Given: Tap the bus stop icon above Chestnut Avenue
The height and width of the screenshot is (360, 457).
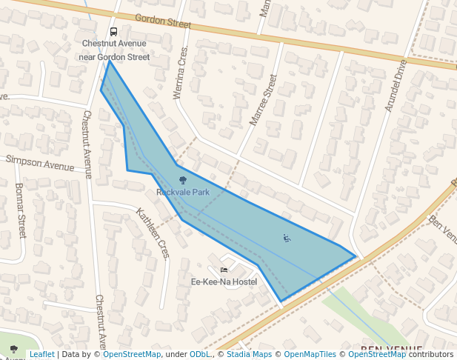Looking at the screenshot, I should pos(113,32).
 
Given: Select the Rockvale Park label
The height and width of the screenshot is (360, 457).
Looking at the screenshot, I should pos(183,193).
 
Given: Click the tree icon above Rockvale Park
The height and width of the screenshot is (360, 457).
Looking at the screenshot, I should pos(183,180).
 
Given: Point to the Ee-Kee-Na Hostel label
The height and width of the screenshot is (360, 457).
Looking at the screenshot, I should pos(224,282).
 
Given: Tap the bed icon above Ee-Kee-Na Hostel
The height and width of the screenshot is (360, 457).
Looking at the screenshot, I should pos(224,270).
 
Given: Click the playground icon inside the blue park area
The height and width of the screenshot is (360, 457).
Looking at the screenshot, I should pos(287,238).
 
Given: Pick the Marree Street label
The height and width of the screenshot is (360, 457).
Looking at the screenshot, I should pos(264,99).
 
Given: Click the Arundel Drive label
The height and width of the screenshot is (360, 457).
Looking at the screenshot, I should pos(396,86).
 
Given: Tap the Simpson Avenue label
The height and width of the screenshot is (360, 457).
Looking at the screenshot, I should pos(40,162).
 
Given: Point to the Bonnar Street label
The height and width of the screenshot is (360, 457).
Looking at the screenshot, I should pos(20,211).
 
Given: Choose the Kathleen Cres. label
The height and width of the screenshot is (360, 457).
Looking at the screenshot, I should pos(153,233).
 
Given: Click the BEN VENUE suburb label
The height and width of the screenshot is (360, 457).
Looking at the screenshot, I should pos(390,348).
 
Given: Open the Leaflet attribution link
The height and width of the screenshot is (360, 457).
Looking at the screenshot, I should pos(41,354).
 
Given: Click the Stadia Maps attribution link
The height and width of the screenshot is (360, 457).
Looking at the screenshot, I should pos(249,354).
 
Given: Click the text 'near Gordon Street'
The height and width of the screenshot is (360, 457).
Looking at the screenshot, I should pos(114,57).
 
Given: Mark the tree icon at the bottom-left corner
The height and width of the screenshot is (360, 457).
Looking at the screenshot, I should pos(13,349).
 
